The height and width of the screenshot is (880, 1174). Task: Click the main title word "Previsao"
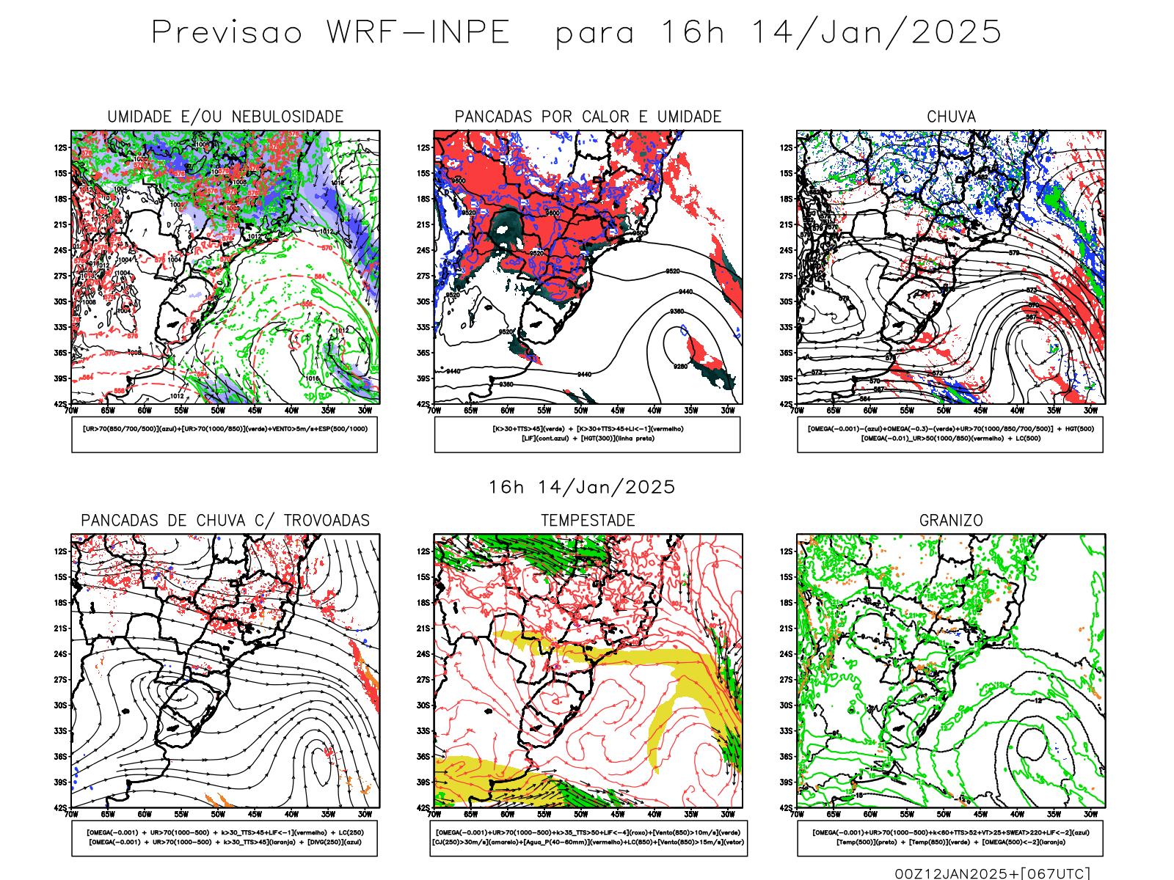(227, 33)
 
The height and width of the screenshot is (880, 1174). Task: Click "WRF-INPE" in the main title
(418, 33)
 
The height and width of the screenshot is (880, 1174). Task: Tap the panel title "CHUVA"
(951, 117)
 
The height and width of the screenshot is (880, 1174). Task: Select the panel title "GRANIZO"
(951, 521)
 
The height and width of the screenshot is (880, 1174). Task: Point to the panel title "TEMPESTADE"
(588, 521)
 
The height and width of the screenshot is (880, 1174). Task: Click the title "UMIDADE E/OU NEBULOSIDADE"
(225, 117)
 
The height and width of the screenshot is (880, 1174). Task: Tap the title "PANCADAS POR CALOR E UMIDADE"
(588, 117)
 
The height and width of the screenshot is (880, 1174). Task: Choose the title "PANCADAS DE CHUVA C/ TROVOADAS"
(225, 521)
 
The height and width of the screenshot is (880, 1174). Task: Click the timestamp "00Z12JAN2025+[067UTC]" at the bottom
(992, 873)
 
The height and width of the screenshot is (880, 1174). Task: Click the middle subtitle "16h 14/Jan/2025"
(582, 487)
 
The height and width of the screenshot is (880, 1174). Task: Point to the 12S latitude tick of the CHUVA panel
(787, 147)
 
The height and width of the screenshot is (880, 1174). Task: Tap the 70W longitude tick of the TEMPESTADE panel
(434, 814)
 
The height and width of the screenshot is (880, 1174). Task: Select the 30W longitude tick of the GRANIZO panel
(1091, 814)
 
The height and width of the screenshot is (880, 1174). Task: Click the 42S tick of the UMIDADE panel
(60, 404)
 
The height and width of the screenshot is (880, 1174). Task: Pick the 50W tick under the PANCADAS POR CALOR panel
(581, 411)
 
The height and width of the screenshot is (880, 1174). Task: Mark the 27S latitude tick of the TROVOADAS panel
(60, 680)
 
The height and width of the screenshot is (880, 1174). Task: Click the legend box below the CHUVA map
(950, 434)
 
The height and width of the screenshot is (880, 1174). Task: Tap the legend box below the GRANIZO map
(950, 837)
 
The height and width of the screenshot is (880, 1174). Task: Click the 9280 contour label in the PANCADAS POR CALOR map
(681, 366)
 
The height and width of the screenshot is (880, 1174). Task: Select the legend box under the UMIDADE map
(225, 434)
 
